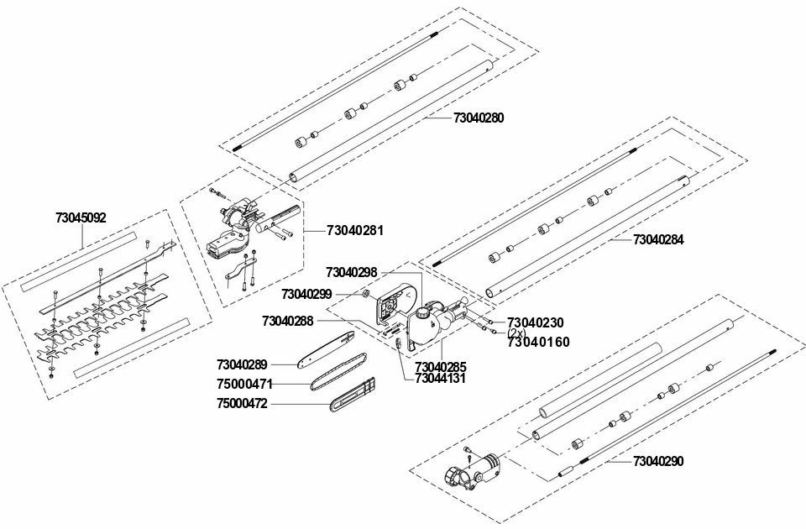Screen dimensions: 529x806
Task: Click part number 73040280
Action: pyautogui.click(x=479, y=118)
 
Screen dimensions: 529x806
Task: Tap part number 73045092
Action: pyautogui.click(x=81, y=217)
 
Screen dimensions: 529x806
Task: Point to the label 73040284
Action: pyautogui.click(x=658, y=239)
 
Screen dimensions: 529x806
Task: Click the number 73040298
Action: pyautogui.click(x=352, y=272)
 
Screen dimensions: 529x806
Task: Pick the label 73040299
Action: pyautogui.click(x=306, y=294)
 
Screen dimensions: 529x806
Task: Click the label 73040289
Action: pyautogui.click(x=242, y=364)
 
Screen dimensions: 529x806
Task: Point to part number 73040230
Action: pyautogui.click(x=536, y=322)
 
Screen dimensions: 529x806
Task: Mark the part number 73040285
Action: pyautogui.click(x=441, y=367)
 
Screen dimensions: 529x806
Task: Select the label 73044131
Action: pyautogui.click(x=441, y=378)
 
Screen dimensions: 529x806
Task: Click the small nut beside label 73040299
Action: pyautogui.click(x=366, y=294)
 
